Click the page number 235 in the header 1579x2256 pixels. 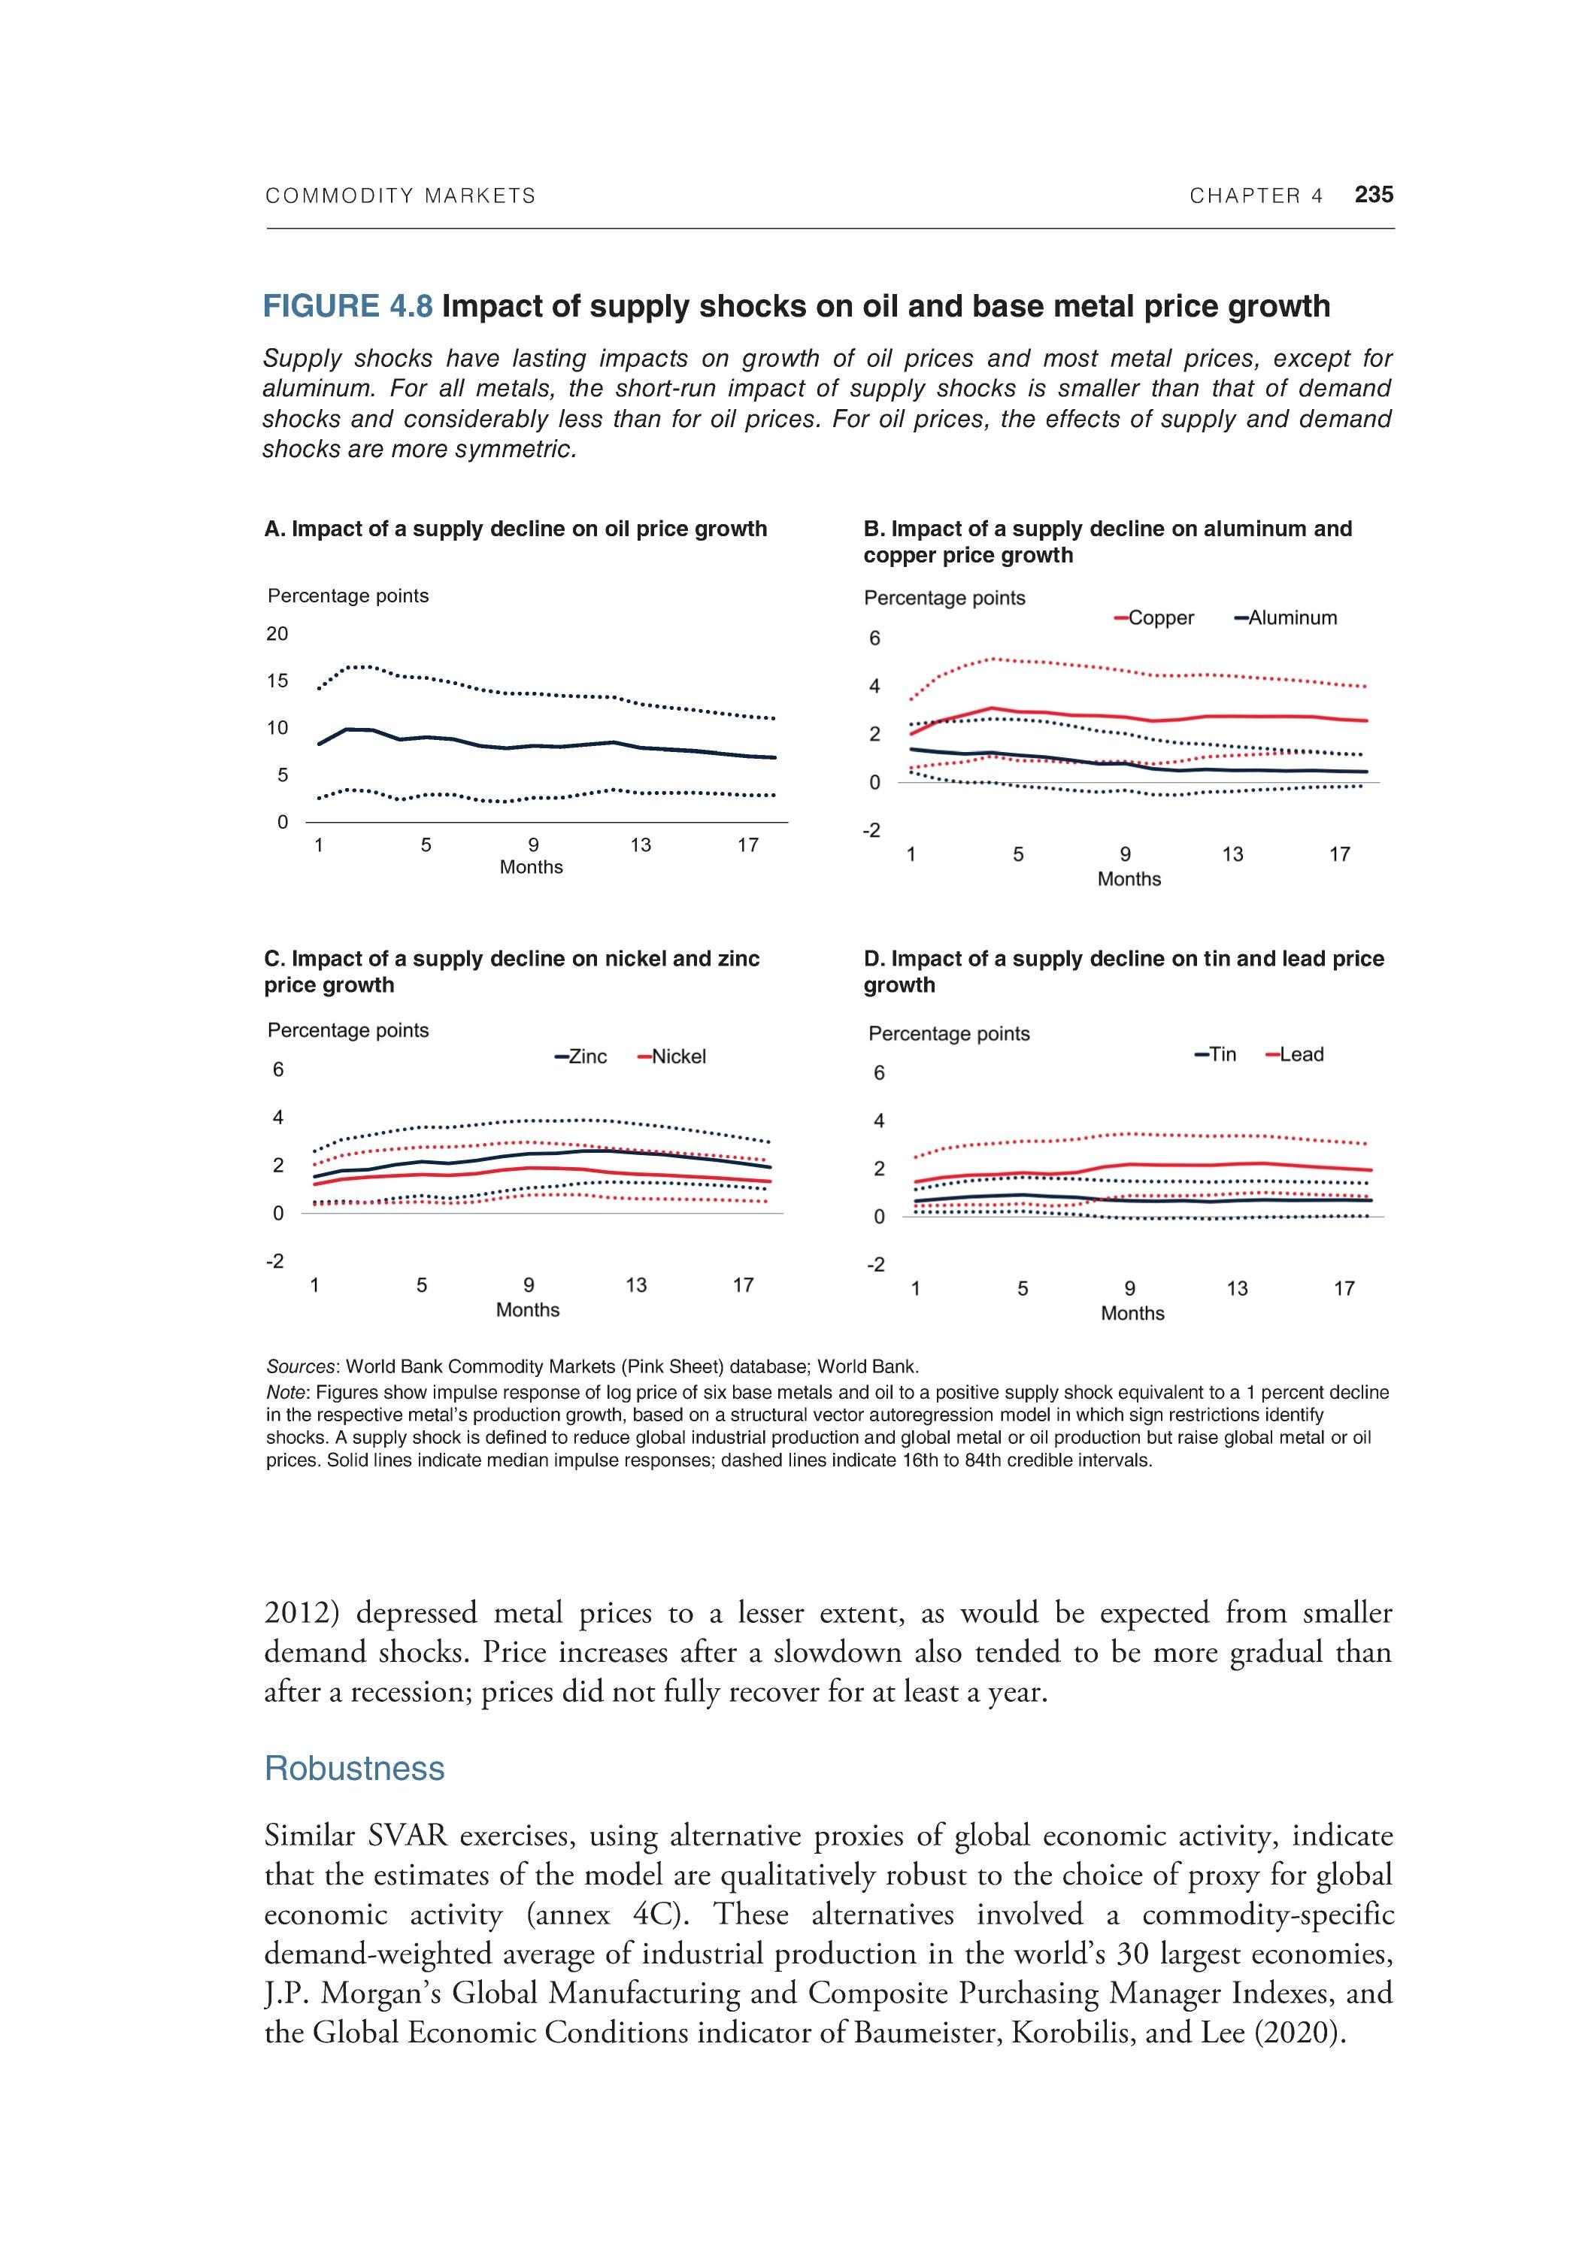(1373, 195)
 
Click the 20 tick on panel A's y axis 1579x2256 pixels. (277, 634)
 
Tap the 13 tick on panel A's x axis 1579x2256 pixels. (641, 845)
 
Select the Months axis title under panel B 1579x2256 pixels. (1129, 879)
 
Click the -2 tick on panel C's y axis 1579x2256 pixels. (275, 1260)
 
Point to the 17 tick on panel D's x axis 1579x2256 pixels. (1343, 1288)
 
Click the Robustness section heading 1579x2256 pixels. (355, 1769)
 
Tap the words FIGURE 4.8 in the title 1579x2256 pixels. (348, 307)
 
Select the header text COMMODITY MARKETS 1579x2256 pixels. (401, 196)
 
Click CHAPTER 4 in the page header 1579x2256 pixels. (1256, 196)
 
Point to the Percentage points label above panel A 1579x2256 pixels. (348, 596)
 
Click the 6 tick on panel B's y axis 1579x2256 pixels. (874, 638)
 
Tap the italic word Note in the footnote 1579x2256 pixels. (286, 1392)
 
